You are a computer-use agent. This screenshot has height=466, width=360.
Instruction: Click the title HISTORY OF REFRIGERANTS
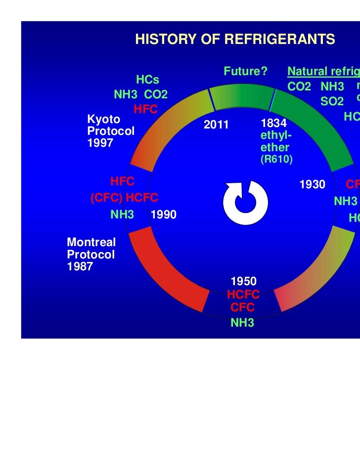tap(235, 40)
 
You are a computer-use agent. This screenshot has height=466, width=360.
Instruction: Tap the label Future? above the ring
tap(245, 72)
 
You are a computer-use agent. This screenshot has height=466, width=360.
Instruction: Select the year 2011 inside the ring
tap(217, 125)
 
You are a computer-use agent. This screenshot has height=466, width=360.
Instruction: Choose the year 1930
tap(313, 185)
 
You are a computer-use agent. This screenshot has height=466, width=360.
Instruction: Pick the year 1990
tap(164, 215)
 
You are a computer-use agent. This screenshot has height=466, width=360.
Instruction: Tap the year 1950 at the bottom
tap(243, 282)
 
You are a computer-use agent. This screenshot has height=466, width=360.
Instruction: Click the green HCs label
tap(147, 80)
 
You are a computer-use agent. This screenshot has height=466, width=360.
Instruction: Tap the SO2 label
tap(332, 101)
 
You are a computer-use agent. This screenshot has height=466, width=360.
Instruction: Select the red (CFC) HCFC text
tap(124, 198)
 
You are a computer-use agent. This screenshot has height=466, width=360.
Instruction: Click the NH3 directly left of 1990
tap(122, 215)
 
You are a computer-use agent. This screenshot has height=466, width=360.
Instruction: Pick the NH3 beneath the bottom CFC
tap(243, 324)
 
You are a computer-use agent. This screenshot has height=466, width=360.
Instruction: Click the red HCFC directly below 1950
tap(243, 295)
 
